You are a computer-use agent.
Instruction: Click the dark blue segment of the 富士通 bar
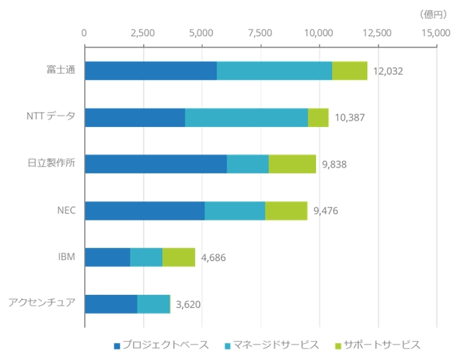pyautogui.click(x=151, y=71)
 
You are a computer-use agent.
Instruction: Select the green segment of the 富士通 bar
pyautogui.click(x=350, y=71)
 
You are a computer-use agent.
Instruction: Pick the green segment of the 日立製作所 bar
pyautogui.click(x=292, y=164)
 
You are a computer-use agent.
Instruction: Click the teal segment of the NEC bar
pyautogui.click(x=235, y=211)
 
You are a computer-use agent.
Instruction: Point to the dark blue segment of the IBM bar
pyautogui.click(x=108, y=257)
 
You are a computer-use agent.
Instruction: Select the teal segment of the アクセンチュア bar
pyautogui.click(x=154, y=304)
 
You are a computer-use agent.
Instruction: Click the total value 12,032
pyautogui.click(x=388, y=72)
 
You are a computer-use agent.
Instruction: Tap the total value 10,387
pyautogui.click(x=349, y=118)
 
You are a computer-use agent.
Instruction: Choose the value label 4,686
pyautogui.click(x=214, y=257)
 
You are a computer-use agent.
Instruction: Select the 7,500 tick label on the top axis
pyautogui.click(x=260, y=33)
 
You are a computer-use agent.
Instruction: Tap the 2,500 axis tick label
pyautogui.click(x=143, y=33)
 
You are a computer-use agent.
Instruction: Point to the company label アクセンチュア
pyautogui.click(x=42, y=303)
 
